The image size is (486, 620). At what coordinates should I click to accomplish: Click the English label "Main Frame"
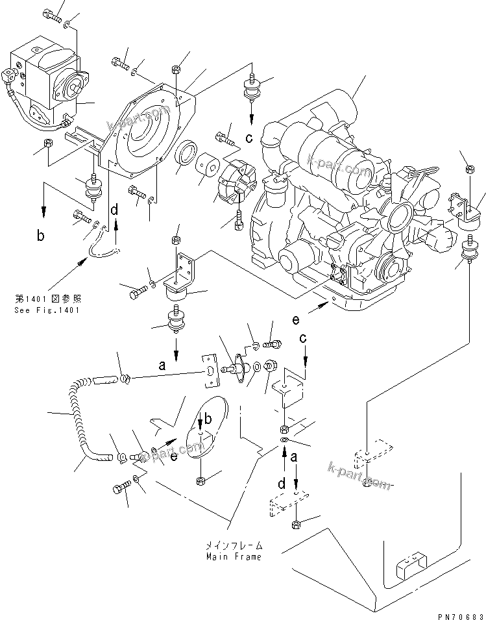point(234,557)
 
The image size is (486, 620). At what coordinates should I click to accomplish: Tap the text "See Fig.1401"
point(47,310)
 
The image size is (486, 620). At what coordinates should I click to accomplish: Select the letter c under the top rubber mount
point(249,138)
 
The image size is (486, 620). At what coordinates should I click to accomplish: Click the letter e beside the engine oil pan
point(297,320)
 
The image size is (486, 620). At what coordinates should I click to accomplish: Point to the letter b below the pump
point(41,236)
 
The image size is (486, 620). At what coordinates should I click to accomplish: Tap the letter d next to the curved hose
point(115,210)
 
